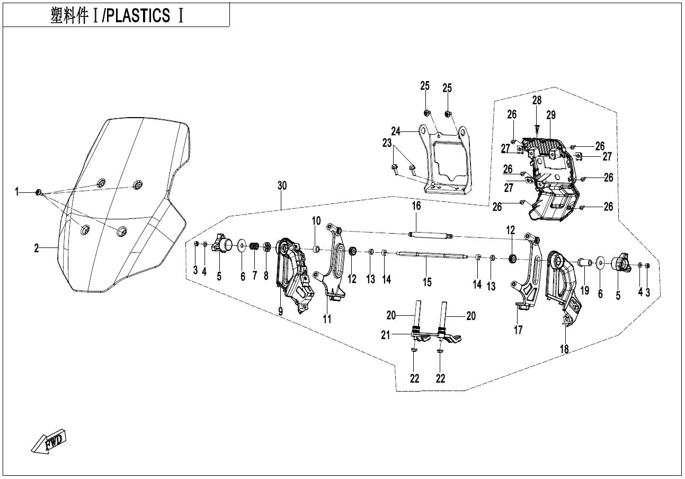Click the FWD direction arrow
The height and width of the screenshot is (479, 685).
tap(48, 441)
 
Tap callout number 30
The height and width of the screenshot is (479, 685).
tap(282, 185)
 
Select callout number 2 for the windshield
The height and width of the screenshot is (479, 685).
tap(37, 248)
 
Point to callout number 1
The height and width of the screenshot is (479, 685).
tap(17, 192)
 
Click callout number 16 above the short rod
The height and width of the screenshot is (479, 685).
tap(416, 206)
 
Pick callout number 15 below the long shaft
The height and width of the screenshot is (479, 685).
tap(427, 282)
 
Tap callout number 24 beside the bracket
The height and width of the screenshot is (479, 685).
tap(396, 131)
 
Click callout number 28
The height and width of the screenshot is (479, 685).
tap(537, 100)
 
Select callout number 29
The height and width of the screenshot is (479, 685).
tap(551, 115)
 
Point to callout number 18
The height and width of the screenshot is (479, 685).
tap(564, 349)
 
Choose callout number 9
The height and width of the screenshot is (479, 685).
tap(280, 312)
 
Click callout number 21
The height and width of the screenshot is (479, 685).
tap(385, 335)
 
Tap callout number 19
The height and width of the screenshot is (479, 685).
tap(585, 290)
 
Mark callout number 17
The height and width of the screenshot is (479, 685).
tap(518, 330)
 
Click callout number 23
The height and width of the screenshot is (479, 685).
tap(387, 143)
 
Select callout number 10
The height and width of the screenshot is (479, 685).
tap(316, 220)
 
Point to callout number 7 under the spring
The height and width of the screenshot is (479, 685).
tap(254, 276)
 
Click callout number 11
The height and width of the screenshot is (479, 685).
tap(327, 320)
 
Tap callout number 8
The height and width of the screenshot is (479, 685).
tap(266, 276)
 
